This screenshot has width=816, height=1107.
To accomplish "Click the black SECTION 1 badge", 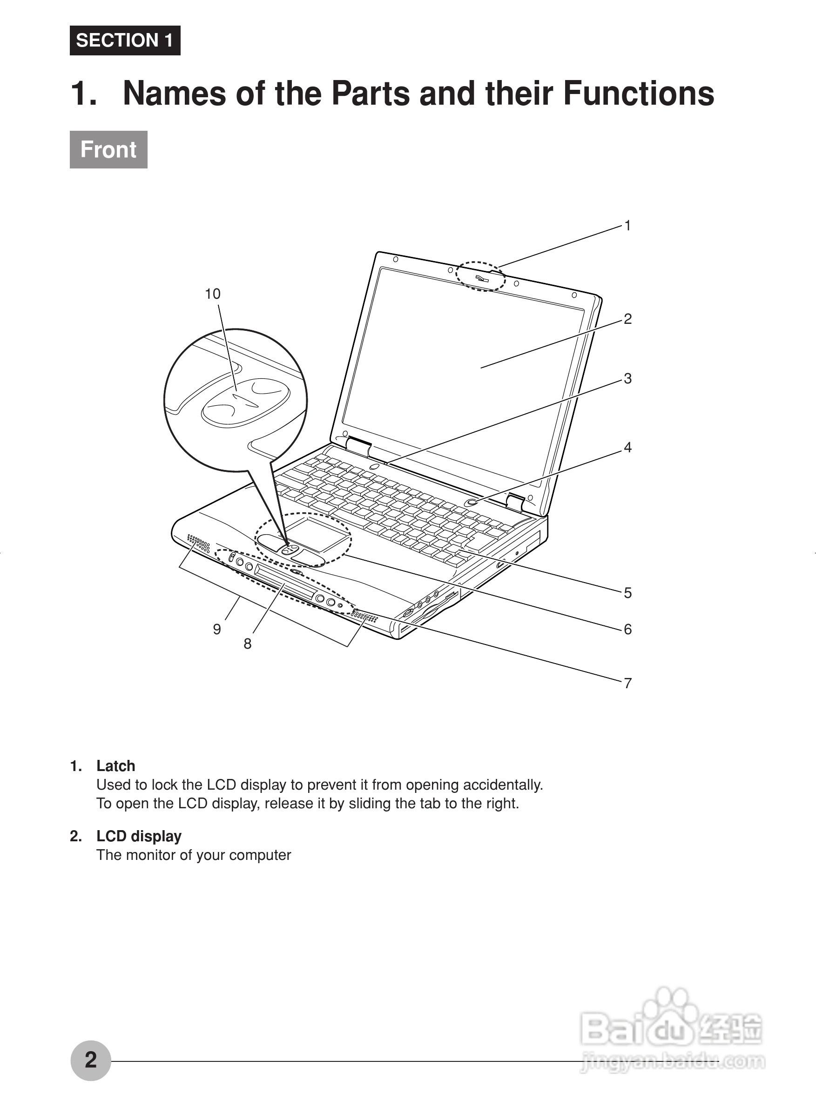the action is [125, 40].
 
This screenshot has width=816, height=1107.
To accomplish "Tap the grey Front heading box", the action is [108, 150].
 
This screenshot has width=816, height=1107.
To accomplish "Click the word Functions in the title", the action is [638, 94].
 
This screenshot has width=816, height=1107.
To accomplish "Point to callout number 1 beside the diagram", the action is [627, 226].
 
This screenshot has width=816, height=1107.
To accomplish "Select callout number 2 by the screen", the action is [627, 319].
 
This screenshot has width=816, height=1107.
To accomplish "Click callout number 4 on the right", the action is [627, 447].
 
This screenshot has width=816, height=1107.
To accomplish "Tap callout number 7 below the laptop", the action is [627, 683].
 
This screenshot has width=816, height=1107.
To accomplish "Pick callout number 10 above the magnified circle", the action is [212, 294].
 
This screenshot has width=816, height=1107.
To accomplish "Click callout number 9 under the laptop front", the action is [217, 629].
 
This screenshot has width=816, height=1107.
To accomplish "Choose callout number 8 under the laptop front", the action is [248, 644].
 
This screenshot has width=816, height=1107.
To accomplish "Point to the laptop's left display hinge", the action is [358, 445].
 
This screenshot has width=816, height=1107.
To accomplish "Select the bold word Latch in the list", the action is [115, 766].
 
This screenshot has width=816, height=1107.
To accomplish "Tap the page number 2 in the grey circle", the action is [90, 1060].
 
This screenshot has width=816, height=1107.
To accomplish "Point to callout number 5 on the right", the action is [627, 592].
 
